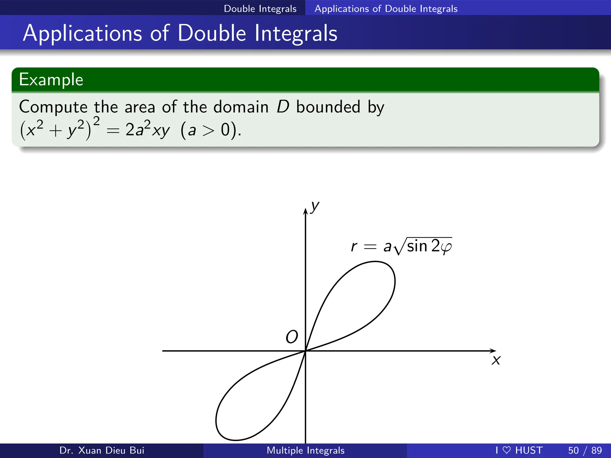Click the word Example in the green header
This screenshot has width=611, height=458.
(x=51, y=80)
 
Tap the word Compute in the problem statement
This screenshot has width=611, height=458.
(x=53, y=107)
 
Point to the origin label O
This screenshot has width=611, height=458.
(x=291, y=337)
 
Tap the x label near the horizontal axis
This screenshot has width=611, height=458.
(x=496, y=360)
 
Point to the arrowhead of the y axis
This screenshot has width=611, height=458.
(x=305, y=211)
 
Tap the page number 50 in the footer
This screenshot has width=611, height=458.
(x=573, y=450)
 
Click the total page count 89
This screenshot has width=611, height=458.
(x=596, y=450)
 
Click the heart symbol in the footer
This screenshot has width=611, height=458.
(x=507, y=450)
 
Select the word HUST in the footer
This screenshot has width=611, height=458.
(x=529, y=450)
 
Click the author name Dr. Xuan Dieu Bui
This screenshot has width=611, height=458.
(x=102, y=450)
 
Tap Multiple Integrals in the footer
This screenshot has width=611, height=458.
(x=305, y=450)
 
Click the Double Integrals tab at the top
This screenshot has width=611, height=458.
(x=260, y=9)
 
